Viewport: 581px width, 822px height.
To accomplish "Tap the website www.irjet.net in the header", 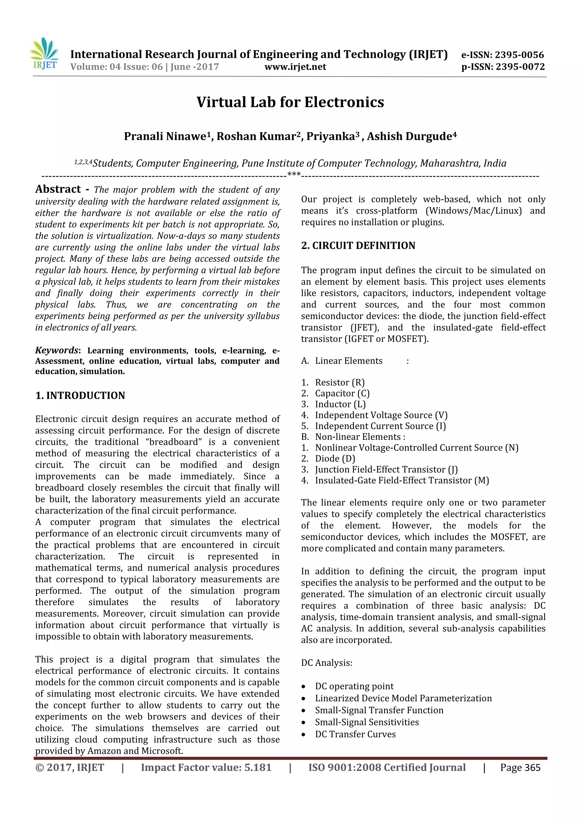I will pyautogui.click(x=295, y=67).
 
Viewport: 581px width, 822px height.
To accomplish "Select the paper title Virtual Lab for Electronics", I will pyautogui.click(x=290, y=102).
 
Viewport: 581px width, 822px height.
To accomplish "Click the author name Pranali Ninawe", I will pyautogui.click(x=165, y=136).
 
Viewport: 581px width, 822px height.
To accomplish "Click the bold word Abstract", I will pyautogui.click(x=58, y=189).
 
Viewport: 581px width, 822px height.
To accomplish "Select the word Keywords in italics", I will pyautogui.click(x=56, y=350).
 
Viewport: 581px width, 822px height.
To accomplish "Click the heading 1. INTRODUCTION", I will pyautogui.click(x=80, y=396).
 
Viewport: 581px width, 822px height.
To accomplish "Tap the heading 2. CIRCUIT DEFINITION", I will pyautogui.click(x=358, y=246).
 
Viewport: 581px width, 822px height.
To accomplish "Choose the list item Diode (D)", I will pyautogui.click(x=335, y=459).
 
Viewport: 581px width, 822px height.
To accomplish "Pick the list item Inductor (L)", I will pyautogui.click(x=340, y=404).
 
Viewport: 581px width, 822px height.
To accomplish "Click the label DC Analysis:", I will pyautogui.click(x=327, y=663).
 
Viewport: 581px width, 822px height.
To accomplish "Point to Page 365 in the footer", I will pyautogui.click(x=520, y=768).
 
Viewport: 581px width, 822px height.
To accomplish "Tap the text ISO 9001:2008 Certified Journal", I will pyautogui.click(x=387, y=768).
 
